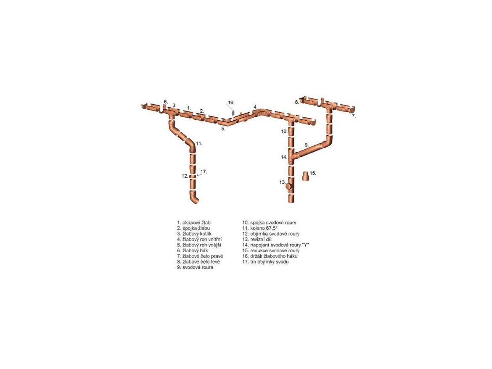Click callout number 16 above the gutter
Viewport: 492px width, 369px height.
tap(231, 103)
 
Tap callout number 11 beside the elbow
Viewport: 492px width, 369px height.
tap(199, 144)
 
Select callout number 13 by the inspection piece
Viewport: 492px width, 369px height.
tap(283, 182)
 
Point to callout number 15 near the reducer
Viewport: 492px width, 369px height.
tap(313, 173)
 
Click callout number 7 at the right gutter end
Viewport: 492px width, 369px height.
tap(354, 116)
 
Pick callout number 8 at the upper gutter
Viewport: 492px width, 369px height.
tap(297, 102)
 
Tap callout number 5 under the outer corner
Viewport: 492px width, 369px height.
tap(223, 129)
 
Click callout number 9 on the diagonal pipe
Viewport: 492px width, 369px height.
tap(307, 145)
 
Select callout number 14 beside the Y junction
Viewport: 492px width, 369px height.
tap(284, 157)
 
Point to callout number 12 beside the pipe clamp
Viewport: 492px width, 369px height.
tap(185, 176)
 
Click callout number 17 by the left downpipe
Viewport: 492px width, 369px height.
tap(204, 171)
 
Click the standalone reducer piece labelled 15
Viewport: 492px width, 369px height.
tap(305, 176)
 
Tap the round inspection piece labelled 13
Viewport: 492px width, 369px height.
tap(289, 187)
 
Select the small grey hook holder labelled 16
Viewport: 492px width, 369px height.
tap(233, 112)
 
